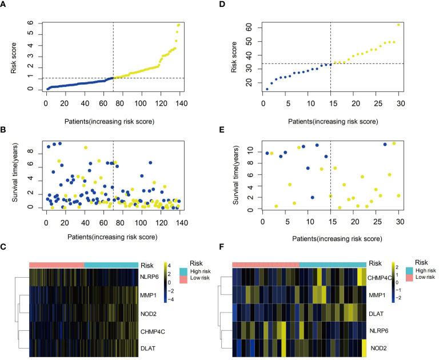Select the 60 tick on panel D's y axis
click(x=248, y=27)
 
